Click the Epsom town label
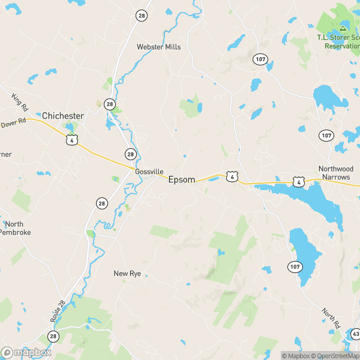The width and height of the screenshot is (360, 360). (x=181, y=179)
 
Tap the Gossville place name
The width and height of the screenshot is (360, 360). (x=149, y=172)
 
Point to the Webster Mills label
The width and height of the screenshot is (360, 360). (x=158, y=46)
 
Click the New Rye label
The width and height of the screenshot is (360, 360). (x=127, y=274)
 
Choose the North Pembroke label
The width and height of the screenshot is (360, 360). (x=15, y=228)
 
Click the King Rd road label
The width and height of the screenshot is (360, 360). (x=20, y=102)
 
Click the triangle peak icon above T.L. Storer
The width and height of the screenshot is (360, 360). (x=343, y=28)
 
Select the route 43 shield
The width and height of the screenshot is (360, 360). (x=356, y=334)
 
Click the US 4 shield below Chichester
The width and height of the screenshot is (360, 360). (x=71, y=140)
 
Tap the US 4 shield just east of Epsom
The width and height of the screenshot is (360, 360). (x=232, y=176)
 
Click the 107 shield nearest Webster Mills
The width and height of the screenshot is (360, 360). (x=260, y=59)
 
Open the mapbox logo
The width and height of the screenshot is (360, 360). (x=26, y=353)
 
